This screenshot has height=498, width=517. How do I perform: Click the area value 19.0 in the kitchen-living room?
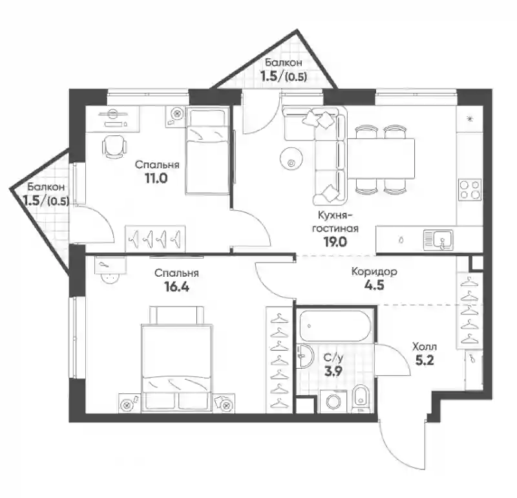[x=335, y=242]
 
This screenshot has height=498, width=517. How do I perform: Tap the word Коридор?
[x=374, y=272]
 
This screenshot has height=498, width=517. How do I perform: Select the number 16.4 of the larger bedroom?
[x=176, y=287]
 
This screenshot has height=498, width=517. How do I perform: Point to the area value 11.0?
[x=156, y=179]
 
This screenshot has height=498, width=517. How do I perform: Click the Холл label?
[x=425, y=347]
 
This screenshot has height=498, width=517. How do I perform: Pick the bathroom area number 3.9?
[x=333, y=371]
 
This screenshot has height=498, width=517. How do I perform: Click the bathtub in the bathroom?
[x=335, y=326]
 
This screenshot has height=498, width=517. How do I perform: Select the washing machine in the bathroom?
[x=333, y=401]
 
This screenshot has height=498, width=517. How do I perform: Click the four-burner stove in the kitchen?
[x=470, y=189]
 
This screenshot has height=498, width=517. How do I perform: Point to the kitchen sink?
[x=439, y=240]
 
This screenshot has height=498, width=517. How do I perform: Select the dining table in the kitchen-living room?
[x=382, y=158]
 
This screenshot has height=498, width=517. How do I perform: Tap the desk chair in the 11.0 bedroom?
[x=114, y=147]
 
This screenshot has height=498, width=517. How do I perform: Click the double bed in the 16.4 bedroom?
[x=176, y=359]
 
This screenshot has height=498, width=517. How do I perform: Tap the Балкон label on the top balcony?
[x=284, y=62]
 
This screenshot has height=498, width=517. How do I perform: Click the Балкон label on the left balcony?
[x=46, y=187]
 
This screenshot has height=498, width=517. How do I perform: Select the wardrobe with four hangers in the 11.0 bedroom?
[x=155, y=239]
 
